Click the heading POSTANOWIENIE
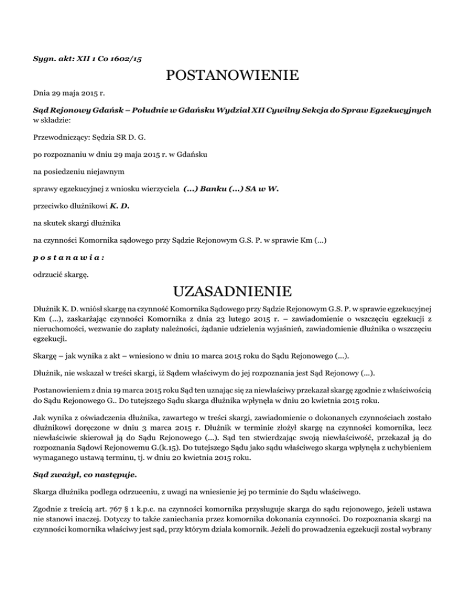point(232,76)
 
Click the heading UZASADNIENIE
point(232,293)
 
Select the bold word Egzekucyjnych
point(399,111)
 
